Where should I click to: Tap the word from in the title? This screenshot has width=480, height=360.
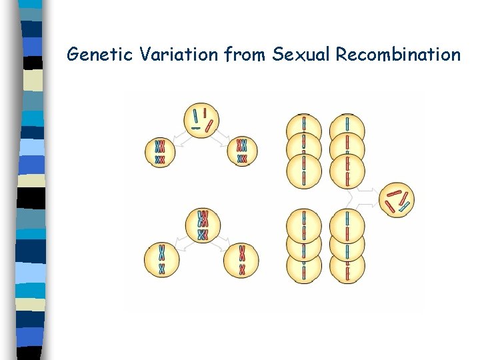246,55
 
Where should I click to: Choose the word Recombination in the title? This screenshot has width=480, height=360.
398,55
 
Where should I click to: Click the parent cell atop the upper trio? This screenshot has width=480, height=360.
202,120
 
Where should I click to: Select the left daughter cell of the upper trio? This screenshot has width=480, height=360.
160,151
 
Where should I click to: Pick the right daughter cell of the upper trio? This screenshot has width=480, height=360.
241,151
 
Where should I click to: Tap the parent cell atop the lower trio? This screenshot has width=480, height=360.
203,225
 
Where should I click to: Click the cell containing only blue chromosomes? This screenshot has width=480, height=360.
161,259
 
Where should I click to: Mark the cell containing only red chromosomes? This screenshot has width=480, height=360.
241,259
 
